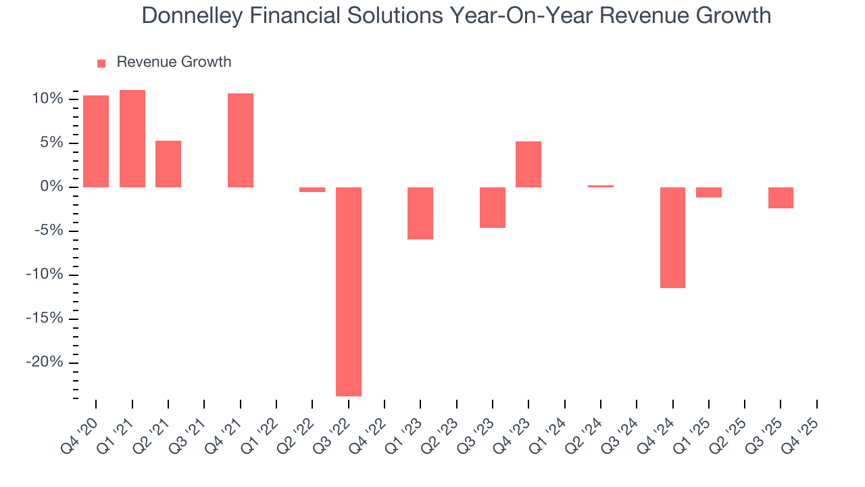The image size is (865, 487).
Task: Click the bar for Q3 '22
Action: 349,291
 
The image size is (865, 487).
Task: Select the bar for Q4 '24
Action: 672,237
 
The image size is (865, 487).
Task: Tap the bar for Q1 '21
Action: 132,139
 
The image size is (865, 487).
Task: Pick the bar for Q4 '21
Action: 241,140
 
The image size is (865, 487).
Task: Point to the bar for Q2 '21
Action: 168,164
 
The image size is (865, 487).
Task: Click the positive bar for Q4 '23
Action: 528,164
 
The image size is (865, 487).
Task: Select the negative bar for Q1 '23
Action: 420,213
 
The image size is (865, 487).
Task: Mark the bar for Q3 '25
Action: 781,198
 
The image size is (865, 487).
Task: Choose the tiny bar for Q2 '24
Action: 601,186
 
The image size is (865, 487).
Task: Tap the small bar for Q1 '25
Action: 709,192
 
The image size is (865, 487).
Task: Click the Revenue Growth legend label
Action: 174,62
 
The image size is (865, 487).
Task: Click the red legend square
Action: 101,63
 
